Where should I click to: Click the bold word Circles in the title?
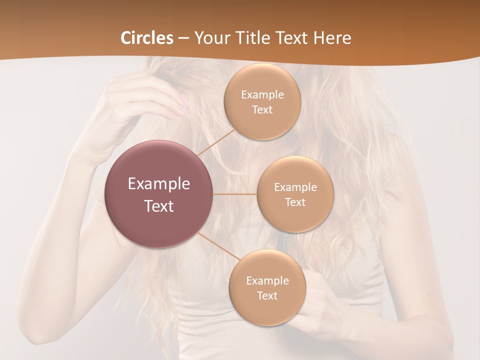point(147,38)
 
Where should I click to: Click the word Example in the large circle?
point(159,184)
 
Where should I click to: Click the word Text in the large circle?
point(159,206)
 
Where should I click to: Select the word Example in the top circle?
point(262,95)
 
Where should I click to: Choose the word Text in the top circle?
point(262,110)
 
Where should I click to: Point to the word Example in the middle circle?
point(295,187)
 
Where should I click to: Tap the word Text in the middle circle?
point(295,202)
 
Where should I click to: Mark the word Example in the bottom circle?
point(267,281)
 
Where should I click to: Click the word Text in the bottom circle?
point(267,296)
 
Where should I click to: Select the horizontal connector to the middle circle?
point(235,194)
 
